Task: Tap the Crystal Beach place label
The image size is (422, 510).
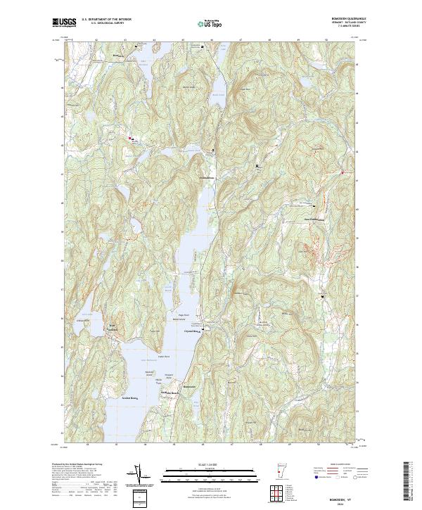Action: tap(193, 331)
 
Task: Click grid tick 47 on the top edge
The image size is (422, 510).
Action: tap(241, 41)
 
